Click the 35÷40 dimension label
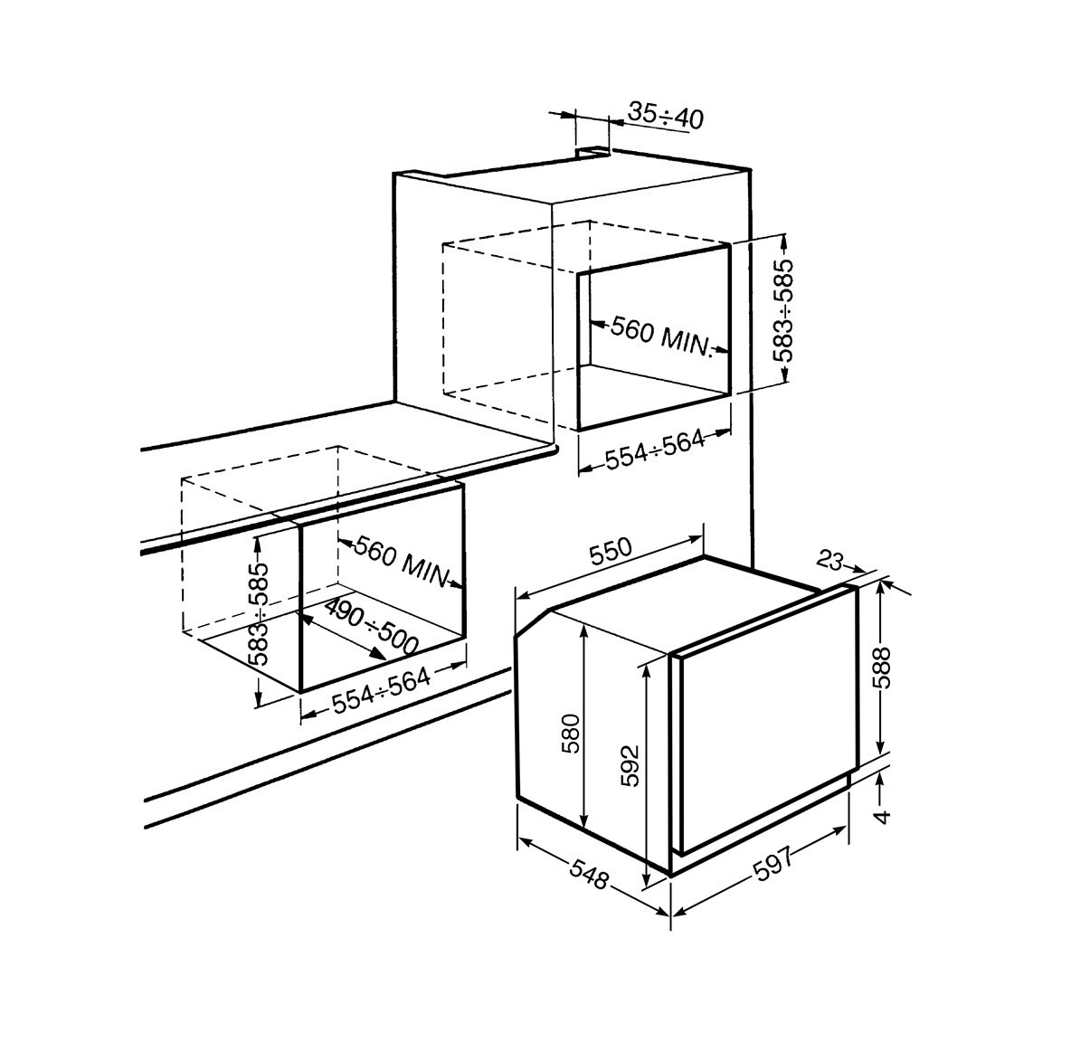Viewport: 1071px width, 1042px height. coord(665,117)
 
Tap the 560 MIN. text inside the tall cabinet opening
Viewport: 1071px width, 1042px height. coord(660,336)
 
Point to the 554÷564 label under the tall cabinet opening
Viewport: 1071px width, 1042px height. coord(655,450)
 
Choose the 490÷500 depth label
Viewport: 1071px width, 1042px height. coord(370,626)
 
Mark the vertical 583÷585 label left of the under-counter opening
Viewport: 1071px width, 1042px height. coord(259,614)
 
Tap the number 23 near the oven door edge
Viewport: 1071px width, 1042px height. coord(829,561)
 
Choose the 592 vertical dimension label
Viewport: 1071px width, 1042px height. coord(630,765)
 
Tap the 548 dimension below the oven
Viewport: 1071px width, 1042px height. coord(588,875)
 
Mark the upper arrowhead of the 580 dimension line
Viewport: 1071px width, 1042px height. coord(584,632)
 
